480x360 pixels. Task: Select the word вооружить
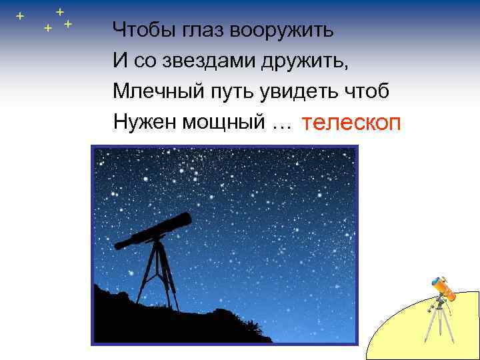point(281,31)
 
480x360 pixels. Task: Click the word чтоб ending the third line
point(366,91)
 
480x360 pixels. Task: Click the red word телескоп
point(351,123)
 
